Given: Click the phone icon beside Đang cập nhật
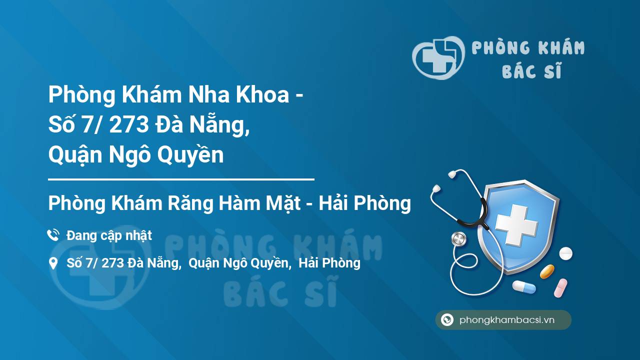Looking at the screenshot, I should (53, 235).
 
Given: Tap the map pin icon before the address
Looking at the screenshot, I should (53, 263).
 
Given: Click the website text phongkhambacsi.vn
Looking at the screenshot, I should (507, 320).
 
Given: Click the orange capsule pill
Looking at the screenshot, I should (547, 271).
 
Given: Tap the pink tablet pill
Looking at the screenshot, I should (560, 287).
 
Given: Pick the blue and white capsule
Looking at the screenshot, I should (523, 287).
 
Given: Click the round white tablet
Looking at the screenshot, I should (565, 253).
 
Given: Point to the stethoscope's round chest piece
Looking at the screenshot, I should (458, 239).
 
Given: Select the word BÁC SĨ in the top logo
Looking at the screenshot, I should (531, 71).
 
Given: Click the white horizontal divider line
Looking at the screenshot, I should (181, 179).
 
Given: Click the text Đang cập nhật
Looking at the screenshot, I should (109, 235).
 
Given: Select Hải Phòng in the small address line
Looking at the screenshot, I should (329, 263).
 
